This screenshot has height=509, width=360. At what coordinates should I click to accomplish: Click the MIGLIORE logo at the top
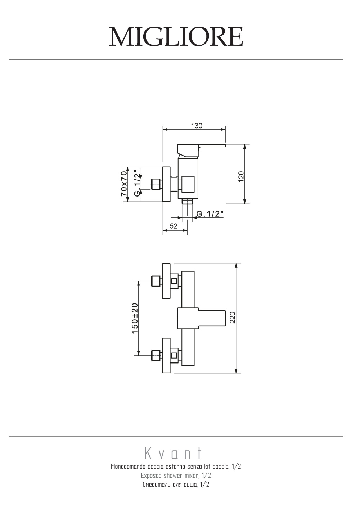coord(176,37)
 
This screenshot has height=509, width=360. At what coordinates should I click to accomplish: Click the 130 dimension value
coord(197,126)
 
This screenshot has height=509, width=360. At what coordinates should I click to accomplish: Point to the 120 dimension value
coord(241,176)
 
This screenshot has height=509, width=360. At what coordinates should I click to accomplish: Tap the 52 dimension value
coord(174,226)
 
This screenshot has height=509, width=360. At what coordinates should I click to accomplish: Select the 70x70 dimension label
coord(123,184)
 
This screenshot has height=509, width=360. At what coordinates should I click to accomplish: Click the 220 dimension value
coord(233,317)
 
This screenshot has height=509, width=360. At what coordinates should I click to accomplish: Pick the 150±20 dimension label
coord(135,318)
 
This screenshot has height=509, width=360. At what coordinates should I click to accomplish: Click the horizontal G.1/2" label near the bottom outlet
coord(210,214)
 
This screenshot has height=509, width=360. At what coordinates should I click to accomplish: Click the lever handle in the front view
coord(201,318)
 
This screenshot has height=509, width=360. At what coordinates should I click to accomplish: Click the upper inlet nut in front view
coord(156,281)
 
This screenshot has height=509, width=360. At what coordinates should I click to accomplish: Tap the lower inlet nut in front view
coord(156,355)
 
